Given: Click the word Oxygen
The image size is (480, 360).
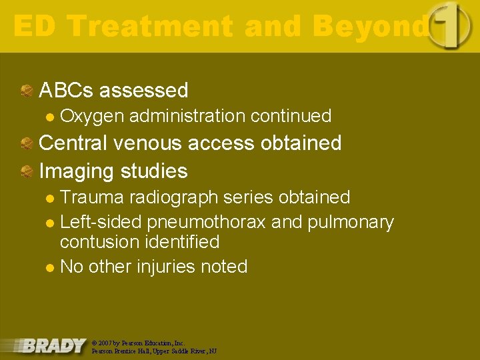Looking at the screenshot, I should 92,116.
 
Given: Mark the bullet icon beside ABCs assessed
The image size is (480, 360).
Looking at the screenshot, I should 27,91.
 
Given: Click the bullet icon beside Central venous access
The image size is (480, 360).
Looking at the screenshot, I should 27,143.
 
